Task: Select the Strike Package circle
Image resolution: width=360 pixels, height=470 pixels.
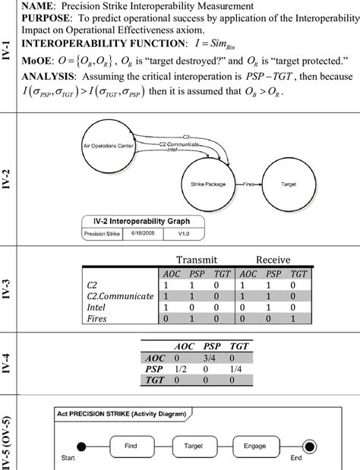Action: (203, 183)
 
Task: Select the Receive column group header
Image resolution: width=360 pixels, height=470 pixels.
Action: (273, 260)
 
